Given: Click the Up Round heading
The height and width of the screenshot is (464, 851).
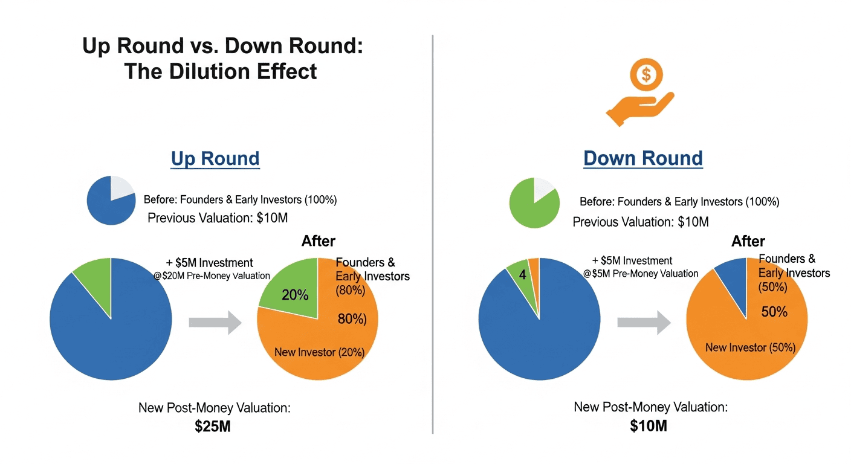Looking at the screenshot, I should [215, 158].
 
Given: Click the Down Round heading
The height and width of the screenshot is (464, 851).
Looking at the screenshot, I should [642, 158].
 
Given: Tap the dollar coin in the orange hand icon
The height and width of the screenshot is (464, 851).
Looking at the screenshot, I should [647, 75].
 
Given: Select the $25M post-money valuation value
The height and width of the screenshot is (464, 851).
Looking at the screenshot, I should [213, 426].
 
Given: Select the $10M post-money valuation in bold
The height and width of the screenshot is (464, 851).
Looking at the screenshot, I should [648, 426].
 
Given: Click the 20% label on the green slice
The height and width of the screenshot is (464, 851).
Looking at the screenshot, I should [295, 295].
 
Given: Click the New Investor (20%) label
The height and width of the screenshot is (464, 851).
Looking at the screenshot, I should [319, 352].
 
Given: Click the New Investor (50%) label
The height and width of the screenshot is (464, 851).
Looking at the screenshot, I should [750, 347].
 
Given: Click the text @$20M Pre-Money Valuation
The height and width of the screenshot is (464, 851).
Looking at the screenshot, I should [212, 276].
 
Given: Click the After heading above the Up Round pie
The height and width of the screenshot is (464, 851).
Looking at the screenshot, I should [318, 242].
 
